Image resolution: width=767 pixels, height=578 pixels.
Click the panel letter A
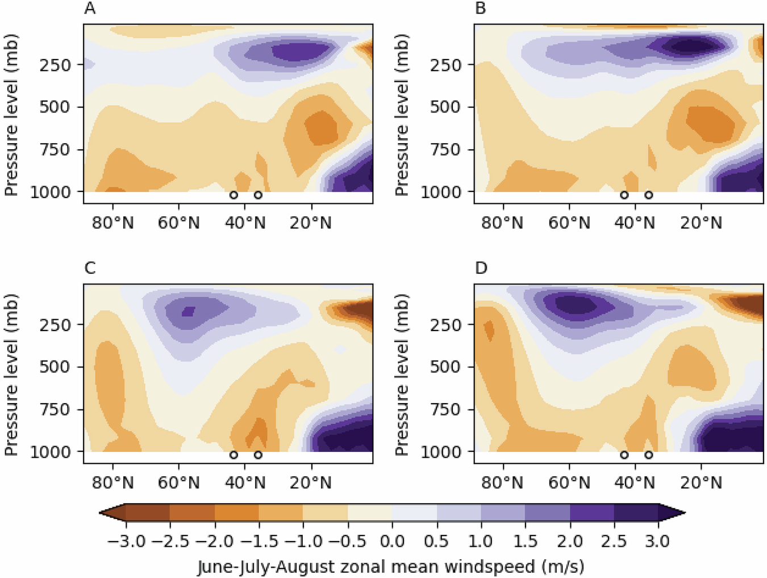click(89, 9)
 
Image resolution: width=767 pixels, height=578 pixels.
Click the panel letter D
click(481, 268)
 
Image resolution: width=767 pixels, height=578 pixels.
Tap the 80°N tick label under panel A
click(112, 223)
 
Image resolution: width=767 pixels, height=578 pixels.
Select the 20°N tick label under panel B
click(701, 223)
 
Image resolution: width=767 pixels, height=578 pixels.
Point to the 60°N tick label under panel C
click(178, 483)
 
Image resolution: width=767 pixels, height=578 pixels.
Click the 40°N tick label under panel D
click(635, 483)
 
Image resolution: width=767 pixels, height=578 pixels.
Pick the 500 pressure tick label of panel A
click(55, 107)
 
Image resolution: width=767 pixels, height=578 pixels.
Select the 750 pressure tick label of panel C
click(55, 409)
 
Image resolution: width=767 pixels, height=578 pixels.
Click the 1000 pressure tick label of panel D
click(441, 452)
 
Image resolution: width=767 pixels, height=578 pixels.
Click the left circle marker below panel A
click(234, 195)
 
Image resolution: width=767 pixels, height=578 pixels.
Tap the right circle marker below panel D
click(648, 455)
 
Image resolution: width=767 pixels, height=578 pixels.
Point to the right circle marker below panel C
click(258, 455)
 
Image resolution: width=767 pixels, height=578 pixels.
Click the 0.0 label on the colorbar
click(392, 541)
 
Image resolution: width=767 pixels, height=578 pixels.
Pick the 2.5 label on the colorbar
click(614, 541)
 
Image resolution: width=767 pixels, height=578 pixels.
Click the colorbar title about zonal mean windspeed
click(391, 566)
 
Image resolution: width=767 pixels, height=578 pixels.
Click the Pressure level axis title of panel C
click(11, 375)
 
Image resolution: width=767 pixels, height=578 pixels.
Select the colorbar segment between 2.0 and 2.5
click(591, 513)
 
